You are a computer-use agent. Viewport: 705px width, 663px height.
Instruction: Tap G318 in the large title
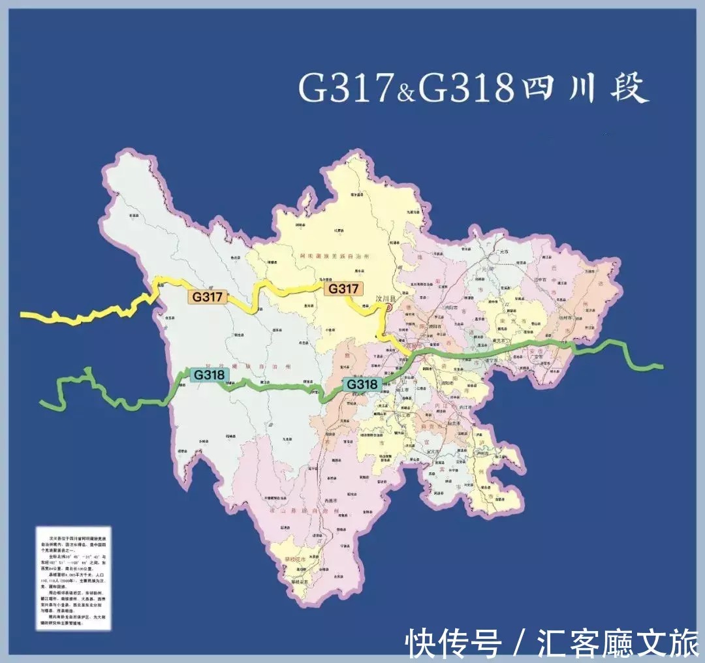click(465, 88)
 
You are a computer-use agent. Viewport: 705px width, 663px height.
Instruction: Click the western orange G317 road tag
click(208, 297)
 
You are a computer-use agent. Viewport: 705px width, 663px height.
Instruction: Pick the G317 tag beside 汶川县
click(343, 288)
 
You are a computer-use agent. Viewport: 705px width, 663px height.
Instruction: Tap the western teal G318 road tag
click(209, 375)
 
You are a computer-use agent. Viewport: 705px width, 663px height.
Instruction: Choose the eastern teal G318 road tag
click(362, 384)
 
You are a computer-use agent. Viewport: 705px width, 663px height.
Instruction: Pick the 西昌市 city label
click(333, 501)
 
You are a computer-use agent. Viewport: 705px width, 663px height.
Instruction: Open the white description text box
click(73, 578)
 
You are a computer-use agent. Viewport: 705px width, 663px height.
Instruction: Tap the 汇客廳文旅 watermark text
click(618, 643)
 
